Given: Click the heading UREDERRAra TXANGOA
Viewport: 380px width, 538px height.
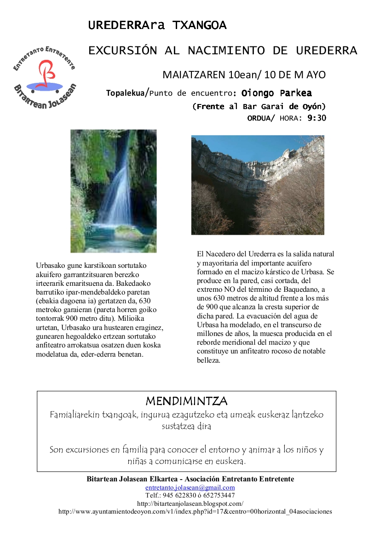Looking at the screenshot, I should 157,26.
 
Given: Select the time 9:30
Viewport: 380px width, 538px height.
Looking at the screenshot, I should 317,118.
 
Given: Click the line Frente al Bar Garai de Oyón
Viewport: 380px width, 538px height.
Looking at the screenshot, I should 259,107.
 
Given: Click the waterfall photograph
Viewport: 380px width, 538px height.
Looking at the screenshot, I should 113,191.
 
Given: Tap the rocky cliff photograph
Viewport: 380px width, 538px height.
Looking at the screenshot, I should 258,185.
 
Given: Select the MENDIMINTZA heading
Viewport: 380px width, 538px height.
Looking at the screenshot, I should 186,401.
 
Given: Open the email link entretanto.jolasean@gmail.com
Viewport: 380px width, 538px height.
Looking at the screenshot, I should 190,487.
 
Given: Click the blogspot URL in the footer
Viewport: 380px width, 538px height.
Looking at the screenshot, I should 190,503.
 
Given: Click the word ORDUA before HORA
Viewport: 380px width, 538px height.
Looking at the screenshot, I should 260,118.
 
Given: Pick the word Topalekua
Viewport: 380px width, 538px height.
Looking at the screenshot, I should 125,93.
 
